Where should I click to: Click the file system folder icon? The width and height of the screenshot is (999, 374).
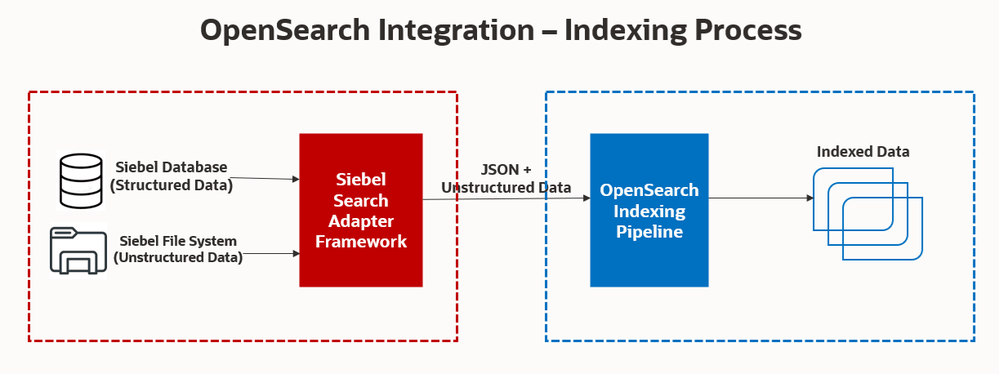(78, 252)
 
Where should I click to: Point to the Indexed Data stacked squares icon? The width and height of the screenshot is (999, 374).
(867, 213)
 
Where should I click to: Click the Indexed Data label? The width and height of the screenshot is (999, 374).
(863, 152)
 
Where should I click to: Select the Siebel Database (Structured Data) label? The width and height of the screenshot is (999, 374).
(171, 176)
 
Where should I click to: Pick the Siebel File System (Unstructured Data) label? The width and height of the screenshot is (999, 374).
(177, 249)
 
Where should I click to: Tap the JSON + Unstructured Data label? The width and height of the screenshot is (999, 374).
(506, 179)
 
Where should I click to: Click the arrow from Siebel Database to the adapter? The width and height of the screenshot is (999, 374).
(263, 177)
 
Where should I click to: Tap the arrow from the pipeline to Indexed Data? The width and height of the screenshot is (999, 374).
(760, 198)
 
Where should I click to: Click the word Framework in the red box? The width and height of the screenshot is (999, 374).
(361, 242)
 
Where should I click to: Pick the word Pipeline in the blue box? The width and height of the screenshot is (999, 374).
(649, 232)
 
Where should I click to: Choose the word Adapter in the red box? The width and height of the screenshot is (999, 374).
(361, 221)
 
